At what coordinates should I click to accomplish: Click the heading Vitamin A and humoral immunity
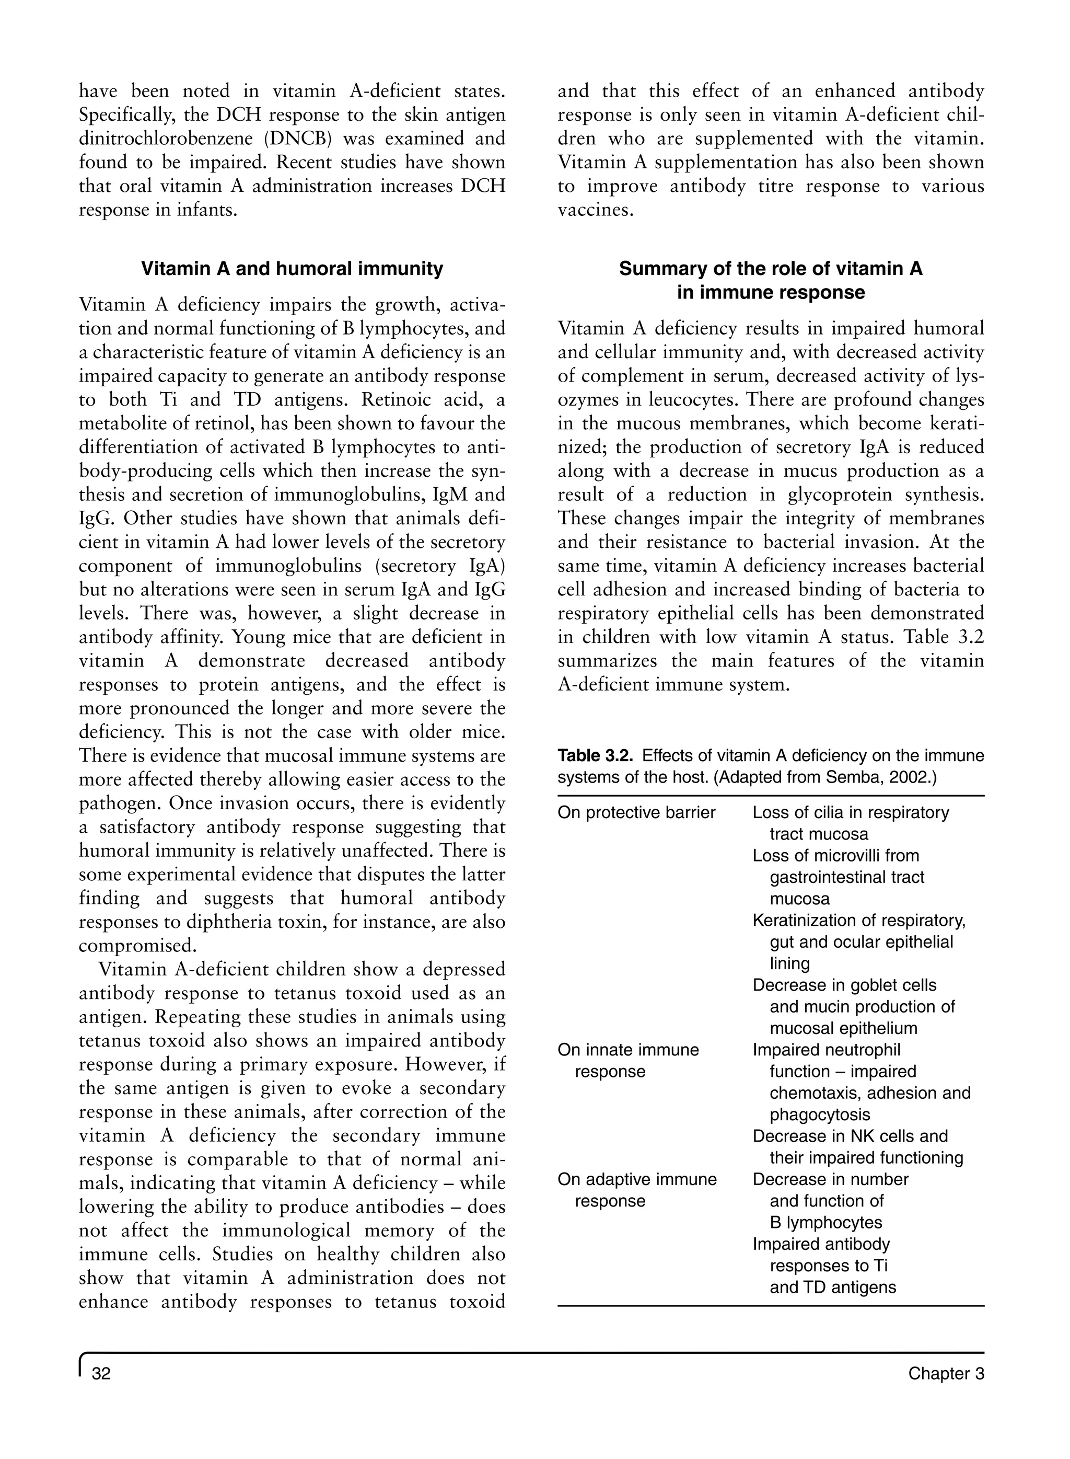tap(292, 269)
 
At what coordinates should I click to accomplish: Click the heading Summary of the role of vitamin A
tap(770, 269)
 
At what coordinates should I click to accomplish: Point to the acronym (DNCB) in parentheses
tap(298, 139)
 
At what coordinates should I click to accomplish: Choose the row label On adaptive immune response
tap(637, 1179)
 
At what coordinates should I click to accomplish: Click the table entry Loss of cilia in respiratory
tap(851, 812)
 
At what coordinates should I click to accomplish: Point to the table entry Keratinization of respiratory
tap(859, 920)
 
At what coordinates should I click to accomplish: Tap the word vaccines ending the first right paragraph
tap(594, 211)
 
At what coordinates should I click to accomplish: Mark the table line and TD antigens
tap(832, 1288)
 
